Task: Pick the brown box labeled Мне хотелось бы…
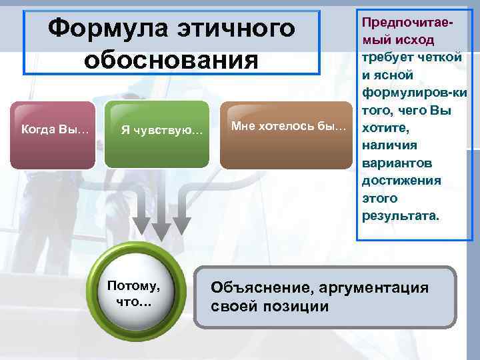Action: click(x=287, y=127)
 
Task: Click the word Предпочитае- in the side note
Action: click(x=407, y=23)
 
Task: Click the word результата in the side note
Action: click(x=399, y=215)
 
